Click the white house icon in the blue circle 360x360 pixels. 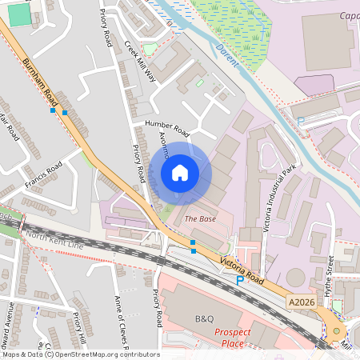pos(180,173)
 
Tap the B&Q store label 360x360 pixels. pos(205,318)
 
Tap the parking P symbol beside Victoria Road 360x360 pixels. pos(239,281)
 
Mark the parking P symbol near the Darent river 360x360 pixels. pos(301,121)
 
